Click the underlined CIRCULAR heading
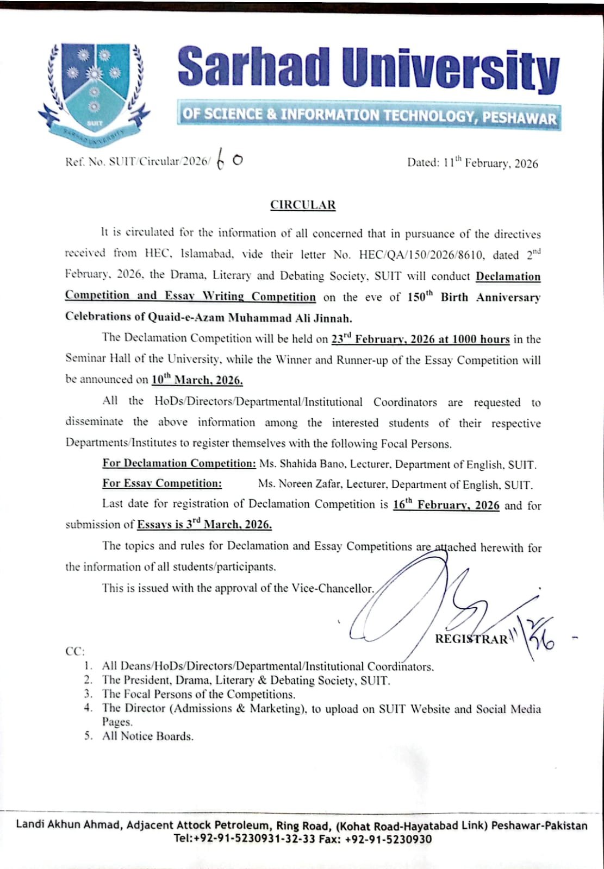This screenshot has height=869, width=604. (303, 205)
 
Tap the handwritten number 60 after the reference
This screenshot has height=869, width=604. (229, 160)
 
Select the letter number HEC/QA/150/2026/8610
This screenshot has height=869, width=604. (424, 255)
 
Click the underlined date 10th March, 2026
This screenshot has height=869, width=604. (197, 380)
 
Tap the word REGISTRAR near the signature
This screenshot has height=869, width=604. (471, 639)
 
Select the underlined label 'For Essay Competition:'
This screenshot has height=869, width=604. (162, 483)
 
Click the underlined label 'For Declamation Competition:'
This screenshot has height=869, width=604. (179, 463)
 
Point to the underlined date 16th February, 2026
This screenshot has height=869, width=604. (446, 505)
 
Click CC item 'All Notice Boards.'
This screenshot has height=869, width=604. (148, 736)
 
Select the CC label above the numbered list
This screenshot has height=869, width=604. (74, 651)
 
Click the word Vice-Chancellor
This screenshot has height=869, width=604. (332, 588)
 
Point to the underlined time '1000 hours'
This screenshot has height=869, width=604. (480, 339)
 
